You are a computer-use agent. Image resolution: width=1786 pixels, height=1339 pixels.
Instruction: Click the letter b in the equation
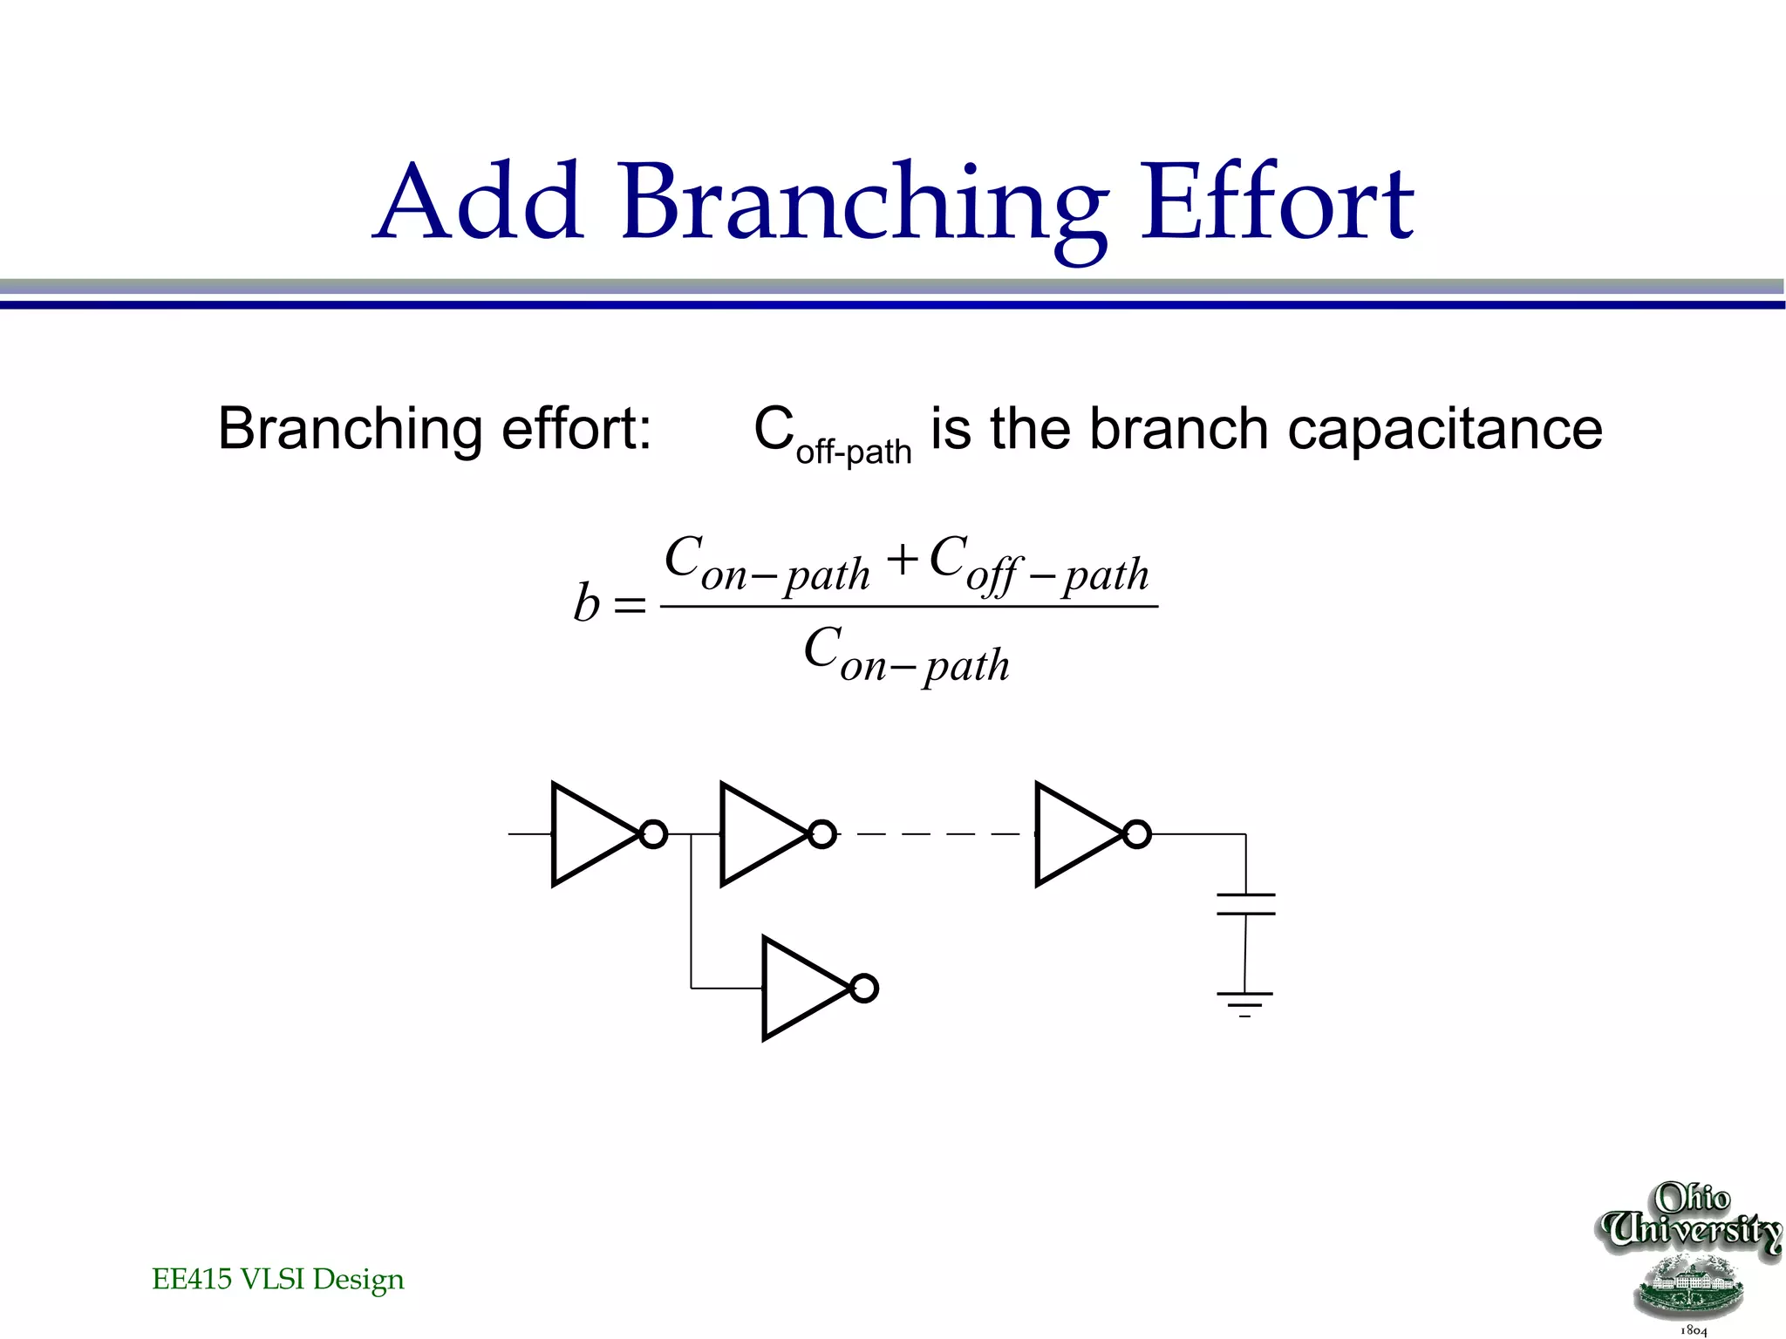pos(586,603)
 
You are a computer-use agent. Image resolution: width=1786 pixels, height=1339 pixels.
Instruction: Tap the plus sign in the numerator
pos(903,560)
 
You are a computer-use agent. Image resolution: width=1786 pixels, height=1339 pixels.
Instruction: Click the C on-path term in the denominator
pos(906,656)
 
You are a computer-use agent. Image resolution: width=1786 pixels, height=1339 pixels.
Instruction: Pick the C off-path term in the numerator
pos(1038,564)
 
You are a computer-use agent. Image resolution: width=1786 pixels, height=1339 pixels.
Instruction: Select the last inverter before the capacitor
pos(1074,834)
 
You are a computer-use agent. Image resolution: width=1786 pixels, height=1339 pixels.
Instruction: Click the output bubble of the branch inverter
pos(863,989)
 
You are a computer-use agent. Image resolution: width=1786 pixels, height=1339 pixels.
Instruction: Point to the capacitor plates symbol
pos(1245,904)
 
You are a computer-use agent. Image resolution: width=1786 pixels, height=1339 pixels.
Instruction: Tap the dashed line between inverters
pos(937,834)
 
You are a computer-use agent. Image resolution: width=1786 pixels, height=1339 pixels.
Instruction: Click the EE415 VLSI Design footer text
pos(277,1280)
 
